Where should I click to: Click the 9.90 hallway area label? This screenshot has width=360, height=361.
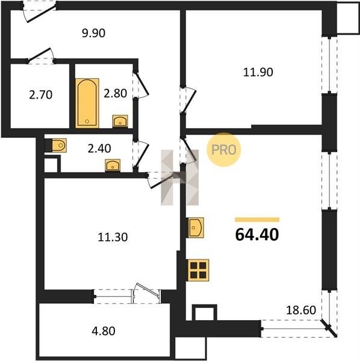pyautogui.click(x=93, y=33)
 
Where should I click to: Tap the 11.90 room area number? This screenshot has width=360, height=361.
pyautogui.click(x=258, y=72)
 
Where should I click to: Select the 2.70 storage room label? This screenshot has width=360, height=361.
pyautogui.click(x=41, y=95)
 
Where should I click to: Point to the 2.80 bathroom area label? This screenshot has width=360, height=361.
pyautogui.click(x=115, y=93)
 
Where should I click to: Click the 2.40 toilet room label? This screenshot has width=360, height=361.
pyautogui.click(x=99, y=149)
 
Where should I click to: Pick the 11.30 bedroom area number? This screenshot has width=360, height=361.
pyautogui.click(x=113, y=237)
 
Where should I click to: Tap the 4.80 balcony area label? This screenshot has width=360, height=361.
pyautogui.click(x=104, y=331)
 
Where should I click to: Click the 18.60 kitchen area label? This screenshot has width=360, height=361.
pyautogui.click(x=301, y=310)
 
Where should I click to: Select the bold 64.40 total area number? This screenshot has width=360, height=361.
pyautogui.click(x=257, y=235)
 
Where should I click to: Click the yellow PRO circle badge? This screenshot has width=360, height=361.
pyautogui.click(x=224, y=150)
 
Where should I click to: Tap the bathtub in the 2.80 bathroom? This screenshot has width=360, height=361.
pyautogui.click(x=87, y=103)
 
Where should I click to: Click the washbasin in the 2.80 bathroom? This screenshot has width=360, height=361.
pyautogui.click(x=120, y=121)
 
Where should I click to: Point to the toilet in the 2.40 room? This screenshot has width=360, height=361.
pyautogui.click(x=59, y=145)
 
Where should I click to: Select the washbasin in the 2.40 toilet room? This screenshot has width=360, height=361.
pyautogui.click(x=113, y=165)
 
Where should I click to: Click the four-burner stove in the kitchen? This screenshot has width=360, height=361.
pyautogui.click(x=198, y=270)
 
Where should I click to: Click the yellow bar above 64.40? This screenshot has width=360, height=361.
pyautogui.click(x=257, y=220)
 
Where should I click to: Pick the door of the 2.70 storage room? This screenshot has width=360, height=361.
pyautogui.click(x=41, y=55)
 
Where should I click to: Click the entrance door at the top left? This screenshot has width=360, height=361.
pyautogui.click(x=39, y=12)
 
